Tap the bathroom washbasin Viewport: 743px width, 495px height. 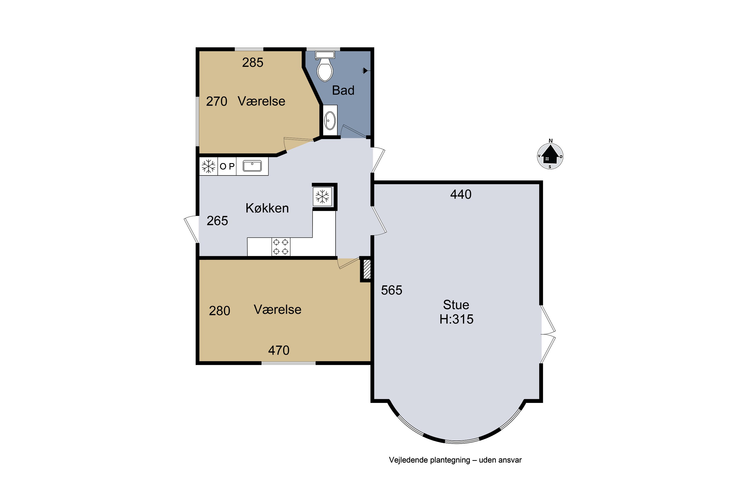pyautogui.click(x=330, y=121)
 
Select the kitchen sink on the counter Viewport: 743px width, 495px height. pyautogui.click(x=252, y=166)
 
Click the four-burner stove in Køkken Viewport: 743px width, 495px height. pyautogui.click(x=281, y=247)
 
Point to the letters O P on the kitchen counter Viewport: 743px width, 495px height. pyautogui.click(x=227, y=166)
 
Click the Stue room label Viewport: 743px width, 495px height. pyautogui.click(x=456, y=305)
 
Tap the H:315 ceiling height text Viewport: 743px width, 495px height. pyautogui.click(x=456, y=319)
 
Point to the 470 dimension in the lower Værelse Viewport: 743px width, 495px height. pyautogui.click(x=279, y=350)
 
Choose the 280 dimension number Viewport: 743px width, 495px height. pyautogui.click(x=219, y=311)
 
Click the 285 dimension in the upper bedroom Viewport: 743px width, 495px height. pyautogui.click(x=253, y=63)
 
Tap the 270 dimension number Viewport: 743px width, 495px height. pyautogui.click(x=217, y=101)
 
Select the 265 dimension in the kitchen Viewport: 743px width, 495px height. pyautogui.click(x=217, y=221)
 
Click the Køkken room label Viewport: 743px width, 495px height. pyautogui.click(x=267, y=208)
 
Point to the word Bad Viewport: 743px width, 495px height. pyautogui.click(x=343, y=91)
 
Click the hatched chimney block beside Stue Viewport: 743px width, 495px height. pyautogui.click(x=367, y=269)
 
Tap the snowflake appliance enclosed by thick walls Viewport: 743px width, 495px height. pyautogui.click(x=322, y=196)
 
